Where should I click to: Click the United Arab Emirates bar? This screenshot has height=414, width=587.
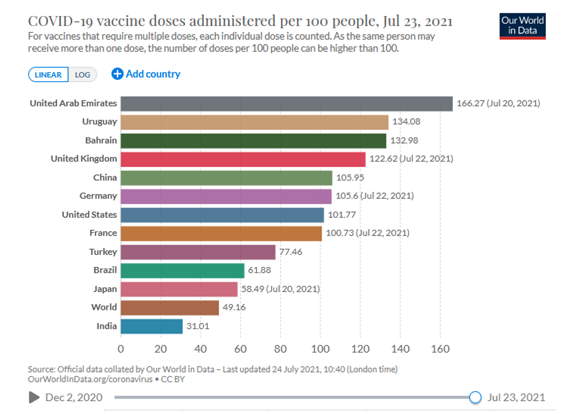click(x=287, y=103)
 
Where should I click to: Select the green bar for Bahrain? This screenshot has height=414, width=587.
click(x=253, y=141)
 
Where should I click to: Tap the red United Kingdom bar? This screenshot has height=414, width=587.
click(x=243, y=159)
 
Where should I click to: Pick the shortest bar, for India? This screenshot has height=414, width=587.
click(x=152, y=327)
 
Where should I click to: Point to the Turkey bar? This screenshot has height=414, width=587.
click(x=198, y=252)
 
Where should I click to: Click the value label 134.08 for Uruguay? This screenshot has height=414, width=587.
click(x=406, y=122)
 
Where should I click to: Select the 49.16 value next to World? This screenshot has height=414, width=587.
click(x=234, y=307)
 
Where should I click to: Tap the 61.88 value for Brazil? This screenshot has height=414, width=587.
click(x=259, y=270)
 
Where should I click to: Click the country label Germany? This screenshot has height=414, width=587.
click(x=98, y=196)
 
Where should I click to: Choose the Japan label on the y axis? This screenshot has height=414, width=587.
click(x=105, y=289)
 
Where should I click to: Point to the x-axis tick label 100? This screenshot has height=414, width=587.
click(x=320, y=349)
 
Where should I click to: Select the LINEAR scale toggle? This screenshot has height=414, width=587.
click(x=48, y=75)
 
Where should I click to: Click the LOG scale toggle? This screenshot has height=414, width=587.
click(x=83, y=75)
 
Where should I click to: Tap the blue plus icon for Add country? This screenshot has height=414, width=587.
click(x=117, y=74)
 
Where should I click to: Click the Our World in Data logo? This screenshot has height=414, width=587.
click(x=523, y=26)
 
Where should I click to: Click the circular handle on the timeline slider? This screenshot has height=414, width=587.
click(x=475, y=397)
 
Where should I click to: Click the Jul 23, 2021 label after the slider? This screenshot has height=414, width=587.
click(x=516, y=397)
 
